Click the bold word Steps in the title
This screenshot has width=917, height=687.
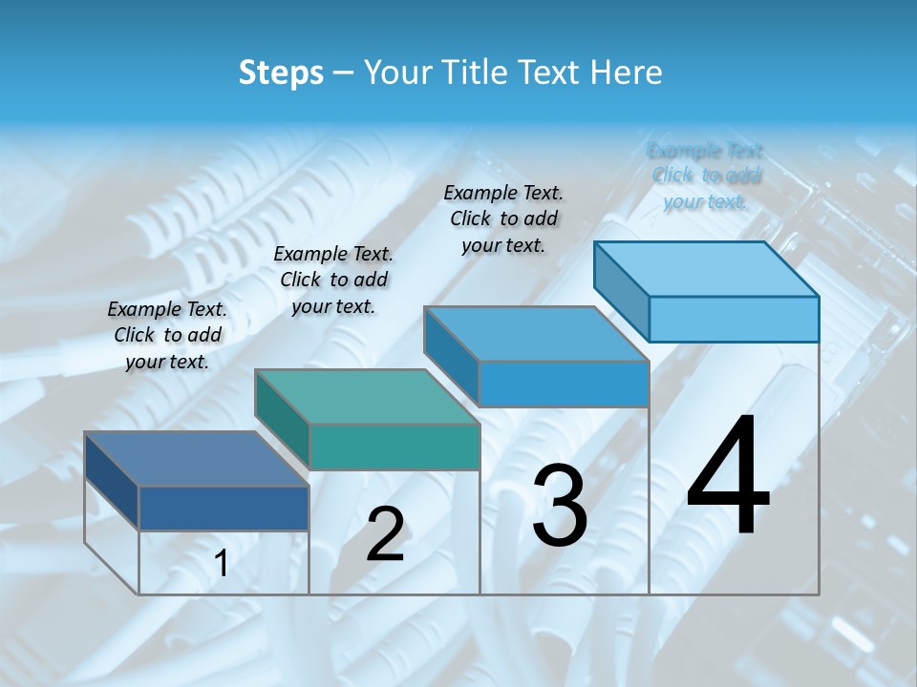pyautogui.click(x=281, y=73)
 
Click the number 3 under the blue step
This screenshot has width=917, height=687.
pyautogui.click(x=560, y=506)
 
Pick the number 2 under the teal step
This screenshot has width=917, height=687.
pyautogui.click(x=385, y=534)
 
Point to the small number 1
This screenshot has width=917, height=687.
pyautogui.click(x=222, y=564)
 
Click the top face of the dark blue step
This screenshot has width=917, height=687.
pyautogui.click(x=196, y=459)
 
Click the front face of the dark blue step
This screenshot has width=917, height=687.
pyautogui.click(x=224, y=508)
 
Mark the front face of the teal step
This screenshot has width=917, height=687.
pyautogui.click(x=394, y=447)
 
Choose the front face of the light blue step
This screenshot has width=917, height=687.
pyautogui.click(x=734, y=319)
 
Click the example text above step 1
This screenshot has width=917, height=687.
pyautogui.click(x=167, y=335)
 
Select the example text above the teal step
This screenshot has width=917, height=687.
pyautogui.click(x=333, y=280)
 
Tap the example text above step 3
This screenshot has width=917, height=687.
pyautogui.click(x=503, y=219)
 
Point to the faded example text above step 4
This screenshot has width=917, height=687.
pyautogui.click(x=705, y=176)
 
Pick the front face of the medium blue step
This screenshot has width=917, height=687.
pyautogui.click(x=564, y=384)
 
